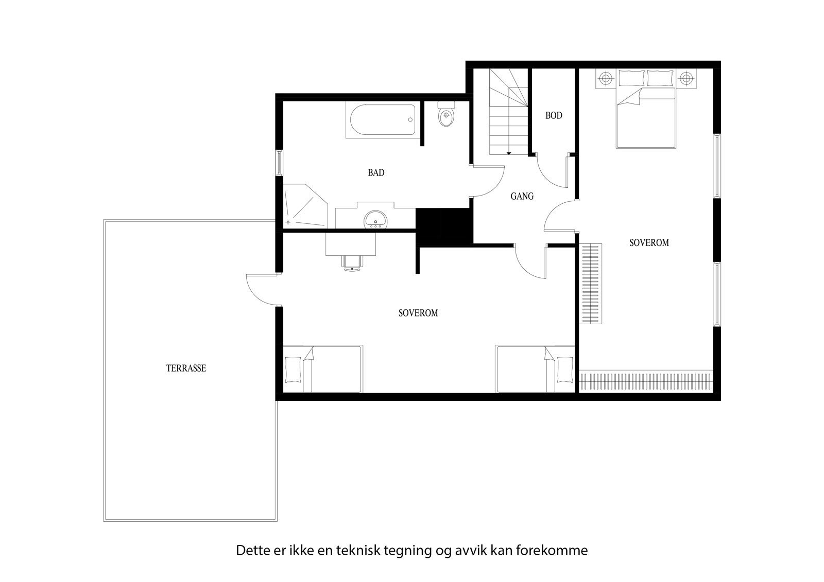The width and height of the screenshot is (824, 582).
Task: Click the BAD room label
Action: pos(376,173)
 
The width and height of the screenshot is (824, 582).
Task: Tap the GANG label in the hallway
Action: pos(522,196)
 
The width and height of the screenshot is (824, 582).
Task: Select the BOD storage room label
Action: pos(554,116)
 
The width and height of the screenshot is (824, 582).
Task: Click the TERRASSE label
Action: pos(186,368)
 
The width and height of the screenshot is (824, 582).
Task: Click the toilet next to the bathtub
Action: pos(445,116)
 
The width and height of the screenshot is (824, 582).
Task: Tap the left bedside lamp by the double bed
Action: pos(606,78)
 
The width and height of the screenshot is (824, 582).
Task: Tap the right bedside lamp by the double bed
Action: pos(685,78)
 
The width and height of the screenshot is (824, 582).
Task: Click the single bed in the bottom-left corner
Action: pos(322,368)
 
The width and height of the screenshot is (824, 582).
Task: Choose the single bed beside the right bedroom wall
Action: pos(535,368)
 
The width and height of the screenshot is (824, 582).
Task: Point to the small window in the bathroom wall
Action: pos(279,163)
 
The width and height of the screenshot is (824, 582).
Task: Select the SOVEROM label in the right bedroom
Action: pos(649,243)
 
